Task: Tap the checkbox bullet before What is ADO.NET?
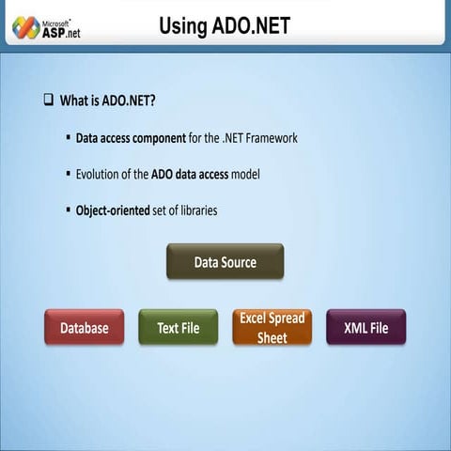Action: (x=48, y=99)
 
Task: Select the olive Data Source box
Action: (x=225, y=262)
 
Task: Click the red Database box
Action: (x=84, y=328)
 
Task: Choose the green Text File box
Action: (x=178, y=328)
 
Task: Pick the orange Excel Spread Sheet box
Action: (x=272, y=327)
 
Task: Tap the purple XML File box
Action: (x=365, y=328)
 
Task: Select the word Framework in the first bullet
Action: (x=266, y=138)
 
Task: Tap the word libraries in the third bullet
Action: (x=195, y=210)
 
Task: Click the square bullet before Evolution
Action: (x=69, y=174)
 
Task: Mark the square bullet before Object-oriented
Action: (x=69, y=210)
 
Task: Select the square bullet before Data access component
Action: (x=69, y=137)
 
